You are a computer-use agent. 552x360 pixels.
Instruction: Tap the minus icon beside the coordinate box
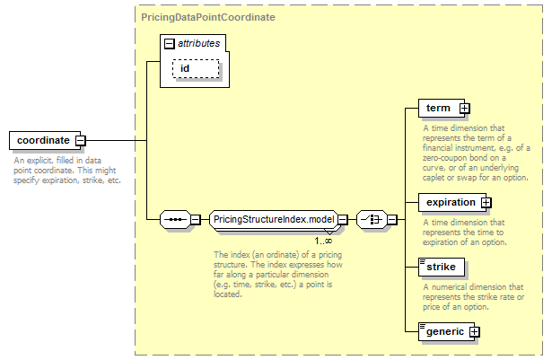pyautogui.click(x=80, y=140)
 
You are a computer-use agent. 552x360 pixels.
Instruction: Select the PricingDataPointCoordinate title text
pyautogui.click(x=207, y=17)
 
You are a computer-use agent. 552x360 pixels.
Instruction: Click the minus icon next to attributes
pyautogui.click(x=170, y=43)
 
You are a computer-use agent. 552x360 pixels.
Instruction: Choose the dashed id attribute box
pyautogui.click(x=196, y=68)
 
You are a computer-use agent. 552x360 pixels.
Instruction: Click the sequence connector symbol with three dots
pyautogui.click(x=174, y=219)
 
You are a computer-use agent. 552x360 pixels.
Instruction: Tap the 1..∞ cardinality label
pyautogui.click(x=323, y=240)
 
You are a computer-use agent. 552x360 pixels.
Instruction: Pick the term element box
pyautogui.click(x=439, y=109)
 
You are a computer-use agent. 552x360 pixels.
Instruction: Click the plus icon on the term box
pyautogui.click(x=464, y=109)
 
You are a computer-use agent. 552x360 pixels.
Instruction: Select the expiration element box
pyautogui.click(x=451, y=202)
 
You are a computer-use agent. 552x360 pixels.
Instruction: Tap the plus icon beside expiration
pyautogui.click(x=486, y=202)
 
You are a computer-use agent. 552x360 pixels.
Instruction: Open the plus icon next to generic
pyautogui.click(x=475, y=331)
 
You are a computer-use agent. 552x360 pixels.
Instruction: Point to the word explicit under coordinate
pyautogui.click(x=47, y=160)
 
